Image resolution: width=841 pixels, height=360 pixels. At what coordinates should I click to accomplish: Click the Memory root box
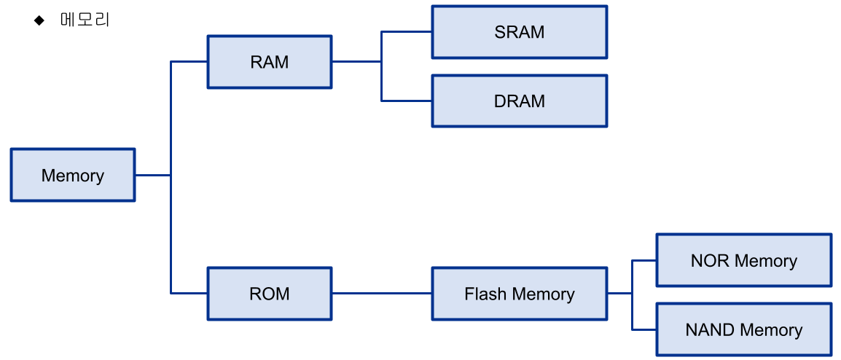click(73, 175)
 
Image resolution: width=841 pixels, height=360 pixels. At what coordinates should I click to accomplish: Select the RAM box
click(270, 62)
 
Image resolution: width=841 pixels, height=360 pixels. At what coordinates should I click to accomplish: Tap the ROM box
click(270, 294)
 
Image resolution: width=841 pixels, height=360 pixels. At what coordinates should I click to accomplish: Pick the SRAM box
click(520, 32)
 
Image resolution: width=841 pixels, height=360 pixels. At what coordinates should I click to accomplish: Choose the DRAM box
click(520, 101)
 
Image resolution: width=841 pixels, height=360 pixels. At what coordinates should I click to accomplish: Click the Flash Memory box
click(520, 294)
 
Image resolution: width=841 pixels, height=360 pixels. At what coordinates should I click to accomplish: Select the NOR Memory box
click(744, 260)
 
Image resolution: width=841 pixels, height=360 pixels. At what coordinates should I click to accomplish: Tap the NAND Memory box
click(744, 329)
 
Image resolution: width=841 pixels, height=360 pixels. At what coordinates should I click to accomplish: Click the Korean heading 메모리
click(85, 20)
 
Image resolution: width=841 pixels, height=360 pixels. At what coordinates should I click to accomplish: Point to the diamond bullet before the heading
click(39, 20)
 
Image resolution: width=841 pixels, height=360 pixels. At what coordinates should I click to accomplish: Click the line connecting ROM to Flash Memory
click(382, 294)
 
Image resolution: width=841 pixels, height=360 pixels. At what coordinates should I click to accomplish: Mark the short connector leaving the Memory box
click(152, 175)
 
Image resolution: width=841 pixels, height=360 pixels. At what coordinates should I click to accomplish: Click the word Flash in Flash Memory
click(480, 294)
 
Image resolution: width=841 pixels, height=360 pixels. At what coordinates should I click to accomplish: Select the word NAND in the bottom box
click(706, 329)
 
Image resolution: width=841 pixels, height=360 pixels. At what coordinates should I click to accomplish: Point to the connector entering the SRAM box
click(407, 32)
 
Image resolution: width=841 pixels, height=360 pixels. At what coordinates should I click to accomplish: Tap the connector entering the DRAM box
click(407, 101)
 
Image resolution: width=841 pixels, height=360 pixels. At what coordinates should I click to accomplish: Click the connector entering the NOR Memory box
click(644, 260)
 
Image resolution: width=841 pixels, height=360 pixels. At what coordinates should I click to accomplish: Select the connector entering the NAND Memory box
click(644, 329)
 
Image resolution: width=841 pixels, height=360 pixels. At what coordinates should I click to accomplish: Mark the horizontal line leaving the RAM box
click(356, 62)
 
